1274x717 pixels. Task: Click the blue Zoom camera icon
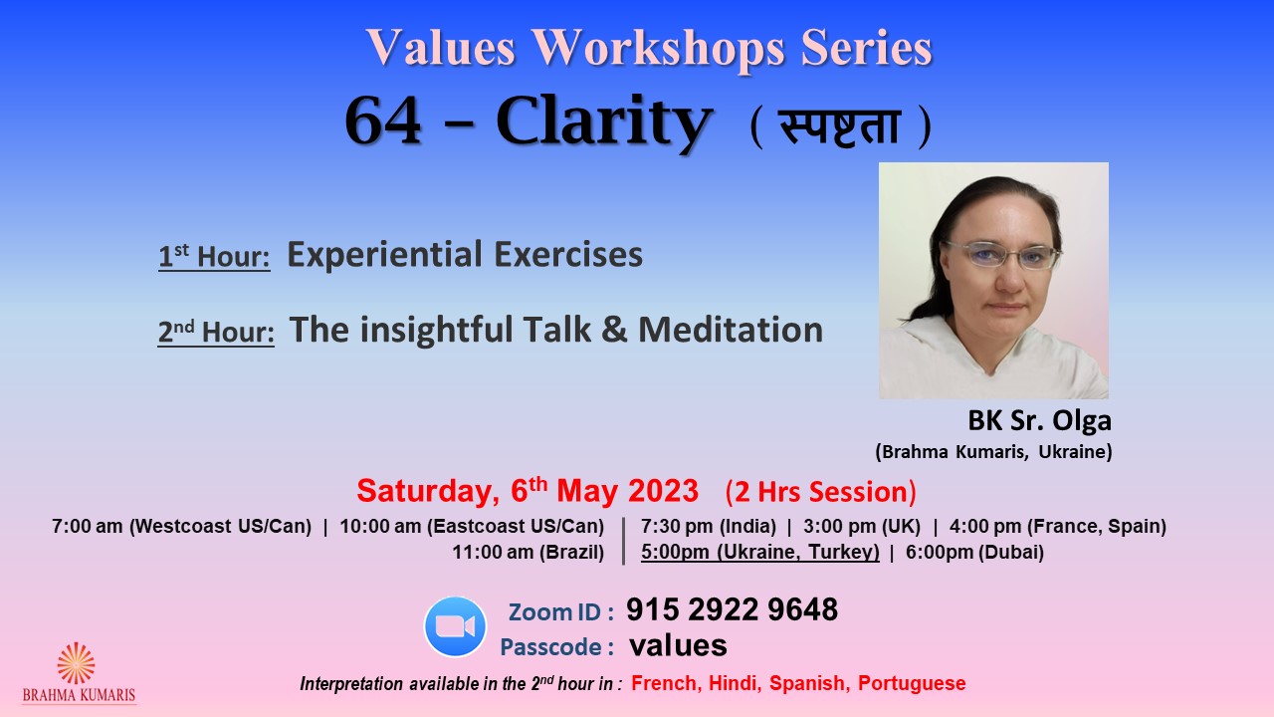click(455, 626)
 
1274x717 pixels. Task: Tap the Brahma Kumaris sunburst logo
click(76, 663)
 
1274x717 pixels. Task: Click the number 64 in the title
click(383, 121)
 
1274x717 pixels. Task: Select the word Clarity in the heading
click(604, 122)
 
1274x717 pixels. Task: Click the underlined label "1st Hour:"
click(214, 257)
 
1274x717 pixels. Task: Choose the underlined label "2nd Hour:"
click(216, 333)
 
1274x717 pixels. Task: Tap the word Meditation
click(731, 330)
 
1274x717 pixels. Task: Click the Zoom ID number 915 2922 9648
click(732, 609)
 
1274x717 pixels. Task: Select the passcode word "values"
click(678, 646)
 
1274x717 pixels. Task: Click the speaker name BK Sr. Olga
click(1040, 420)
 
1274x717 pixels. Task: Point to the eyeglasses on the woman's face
click(1002, 255)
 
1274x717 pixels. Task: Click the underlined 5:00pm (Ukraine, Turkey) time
click(760, 552)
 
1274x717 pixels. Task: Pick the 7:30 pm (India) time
click(709, 527)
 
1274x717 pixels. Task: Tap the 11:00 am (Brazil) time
click(528, 552)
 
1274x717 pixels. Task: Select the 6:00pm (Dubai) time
click(974, 552)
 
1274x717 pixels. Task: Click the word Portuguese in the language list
click(912, 683)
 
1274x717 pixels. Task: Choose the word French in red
click(664, 683)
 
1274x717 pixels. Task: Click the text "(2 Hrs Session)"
click(821, 492)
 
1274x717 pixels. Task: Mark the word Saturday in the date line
click(428, 492)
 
